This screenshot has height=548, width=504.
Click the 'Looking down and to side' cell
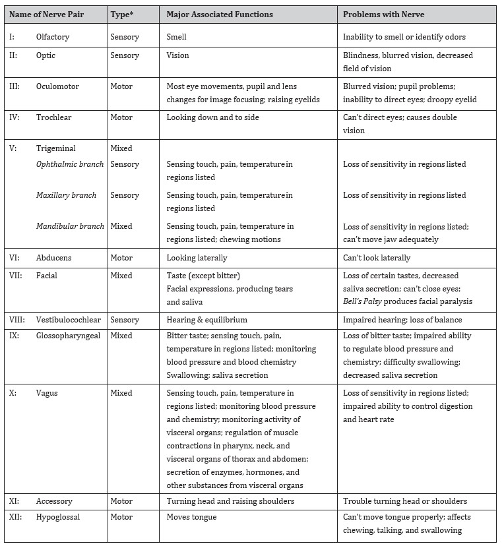pos(212,117)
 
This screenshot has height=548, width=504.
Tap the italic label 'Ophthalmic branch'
pos(69,164)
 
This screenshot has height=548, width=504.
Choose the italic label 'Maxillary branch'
pos(66,195)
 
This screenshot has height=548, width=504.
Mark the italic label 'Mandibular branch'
pos(70,226)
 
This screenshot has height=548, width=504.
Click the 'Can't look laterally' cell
pos(377,258)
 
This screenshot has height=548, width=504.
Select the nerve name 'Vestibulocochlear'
pos(68,320)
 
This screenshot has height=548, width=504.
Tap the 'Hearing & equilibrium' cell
pos(206,320)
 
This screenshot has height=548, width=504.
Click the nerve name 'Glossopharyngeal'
pos(66,336)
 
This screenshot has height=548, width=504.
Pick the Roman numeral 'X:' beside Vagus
pos(13,393)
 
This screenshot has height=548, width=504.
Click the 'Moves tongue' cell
pos(191,517)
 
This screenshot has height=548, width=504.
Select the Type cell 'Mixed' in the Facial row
pos(121,276)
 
